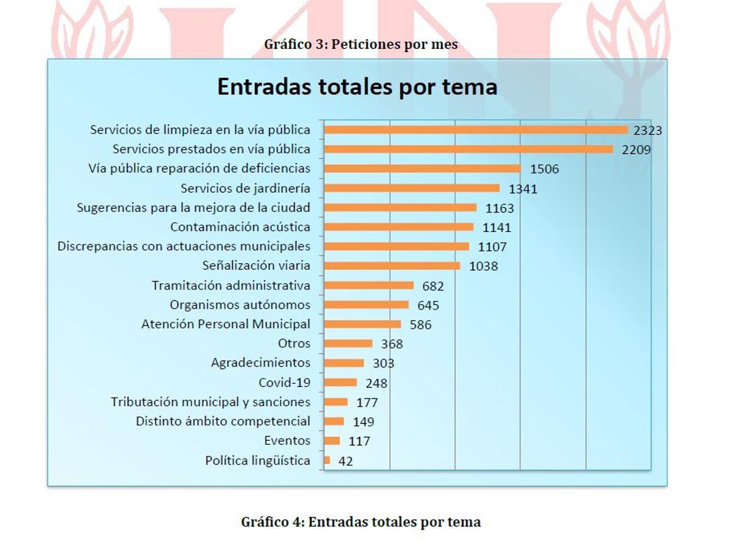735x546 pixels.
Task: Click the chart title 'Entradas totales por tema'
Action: point(357,87)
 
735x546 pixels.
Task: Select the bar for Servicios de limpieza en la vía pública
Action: point(476,130)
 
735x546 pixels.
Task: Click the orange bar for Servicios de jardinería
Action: point(412,188)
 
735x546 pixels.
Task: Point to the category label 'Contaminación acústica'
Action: point(240,227)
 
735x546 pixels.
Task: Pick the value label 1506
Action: point(544,169)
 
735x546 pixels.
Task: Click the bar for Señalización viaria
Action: point(392,266)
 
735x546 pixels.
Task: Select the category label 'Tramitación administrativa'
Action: point(231,286)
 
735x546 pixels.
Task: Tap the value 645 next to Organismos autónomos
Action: point(428,305)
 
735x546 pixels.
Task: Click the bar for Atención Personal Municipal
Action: point(363,324)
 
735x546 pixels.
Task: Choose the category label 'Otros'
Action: point(294,343)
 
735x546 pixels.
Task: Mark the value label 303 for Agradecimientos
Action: point(383,363)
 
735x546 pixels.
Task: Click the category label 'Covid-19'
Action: point(284,383)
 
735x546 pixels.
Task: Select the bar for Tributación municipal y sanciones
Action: point(336,402)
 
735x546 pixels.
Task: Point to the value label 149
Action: point(363,422)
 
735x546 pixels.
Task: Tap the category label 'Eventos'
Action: point(287,441)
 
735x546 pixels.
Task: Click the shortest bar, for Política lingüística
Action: point(327,460)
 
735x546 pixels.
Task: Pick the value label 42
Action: point(345,461)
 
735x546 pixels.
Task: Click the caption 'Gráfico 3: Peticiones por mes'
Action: point(361,44)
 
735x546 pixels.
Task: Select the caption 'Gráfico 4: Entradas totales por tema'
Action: point(361,522)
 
